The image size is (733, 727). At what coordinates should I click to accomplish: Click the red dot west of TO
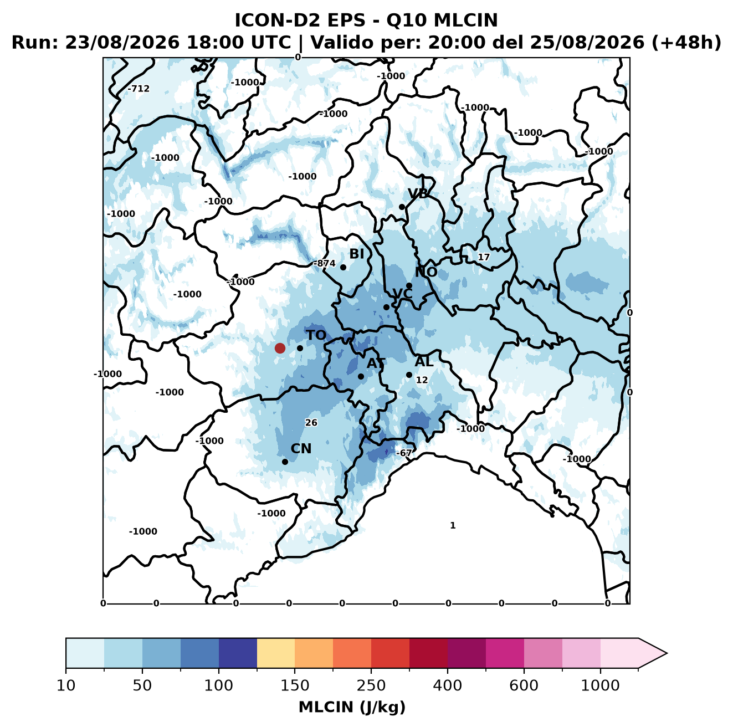click(280, 348)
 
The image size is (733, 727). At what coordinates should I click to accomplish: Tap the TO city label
click(316, 335)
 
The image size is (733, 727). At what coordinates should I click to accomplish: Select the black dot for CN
click(285, 462)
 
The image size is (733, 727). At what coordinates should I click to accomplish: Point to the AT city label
click(376, 363)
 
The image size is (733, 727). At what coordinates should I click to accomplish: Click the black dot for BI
click(343, 267)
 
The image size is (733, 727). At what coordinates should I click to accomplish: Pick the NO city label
click(426, 272)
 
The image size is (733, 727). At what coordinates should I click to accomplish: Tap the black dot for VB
click(402, 207)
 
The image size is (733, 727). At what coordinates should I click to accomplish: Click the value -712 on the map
click(139, 89)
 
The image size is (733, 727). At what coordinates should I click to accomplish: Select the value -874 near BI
click(324, 263)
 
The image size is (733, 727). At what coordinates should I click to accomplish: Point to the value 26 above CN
click(311, 422)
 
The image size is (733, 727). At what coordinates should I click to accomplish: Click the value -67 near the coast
click(403, 453)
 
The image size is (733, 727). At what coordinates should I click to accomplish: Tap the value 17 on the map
click(484, 257)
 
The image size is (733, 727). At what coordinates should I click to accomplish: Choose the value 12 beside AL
click(422, 380)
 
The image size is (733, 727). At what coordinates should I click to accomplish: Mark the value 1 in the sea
click(452, 525)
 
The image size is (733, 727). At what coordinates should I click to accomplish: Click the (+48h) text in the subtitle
click(686, 43)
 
